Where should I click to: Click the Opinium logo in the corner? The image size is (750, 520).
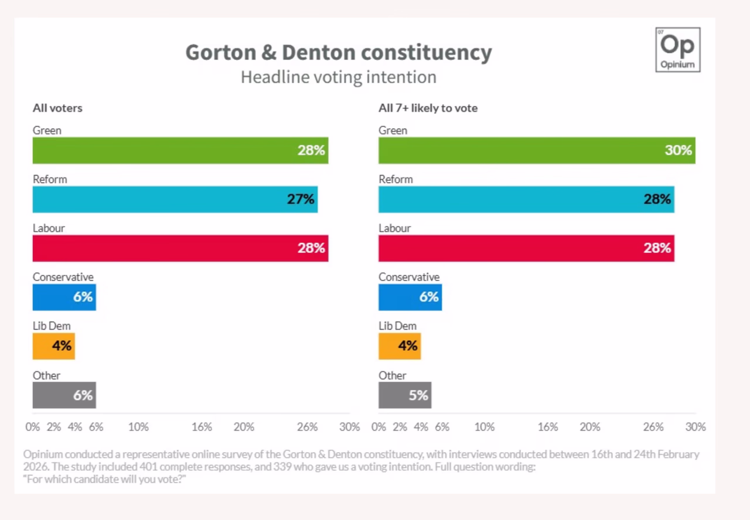pos(678,50)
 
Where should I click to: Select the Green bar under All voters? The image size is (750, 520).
pos(180,150)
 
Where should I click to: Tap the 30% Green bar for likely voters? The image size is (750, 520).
pos(537,150)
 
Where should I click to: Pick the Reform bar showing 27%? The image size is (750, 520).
pos(175,200)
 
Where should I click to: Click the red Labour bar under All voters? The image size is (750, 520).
pos(180,248)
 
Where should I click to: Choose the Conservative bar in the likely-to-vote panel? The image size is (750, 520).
pos(410,297)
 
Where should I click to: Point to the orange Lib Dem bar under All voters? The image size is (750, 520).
pos(53,346)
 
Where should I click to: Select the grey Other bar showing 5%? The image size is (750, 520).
pos(405,395)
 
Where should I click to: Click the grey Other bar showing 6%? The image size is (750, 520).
pos(64,395)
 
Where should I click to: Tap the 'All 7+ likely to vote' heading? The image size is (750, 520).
pos(428,108)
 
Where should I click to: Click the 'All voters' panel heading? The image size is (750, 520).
pos(57,108)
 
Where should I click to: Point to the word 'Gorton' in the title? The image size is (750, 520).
pos(221,53)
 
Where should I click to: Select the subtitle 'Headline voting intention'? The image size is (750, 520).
pos(339,77)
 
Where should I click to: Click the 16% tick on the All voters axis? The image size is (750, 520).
pos(202,427)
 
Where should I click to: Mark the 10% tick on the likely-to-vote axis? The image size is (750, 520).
pos(485,427)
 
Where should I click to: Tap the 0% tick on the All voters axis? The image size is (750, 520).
pos(32,427)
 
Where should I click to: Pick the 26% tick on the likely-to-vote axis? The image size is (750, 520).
pos(653,427)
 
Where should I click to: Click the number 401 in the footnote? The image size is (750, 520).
pos(149,467)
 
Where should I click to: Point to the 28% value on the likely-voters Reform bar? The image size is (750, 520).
pos(657,199)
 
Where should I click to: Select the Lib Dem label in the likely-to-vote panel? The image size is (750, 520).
pos(397,326)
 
